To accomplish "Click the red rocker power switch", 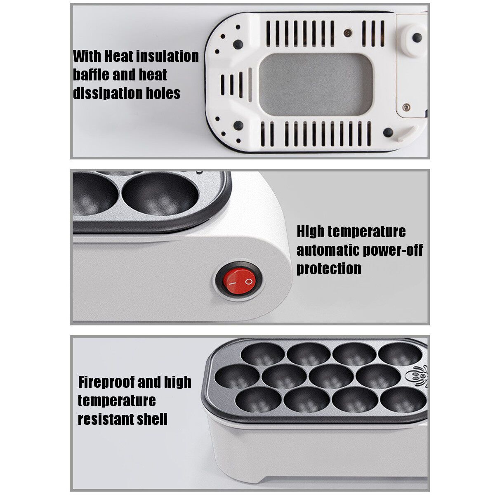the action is (239, 281).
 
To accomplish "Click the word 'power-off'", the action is (393, 250).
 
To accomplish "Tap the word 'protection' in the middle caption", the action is (329, 269).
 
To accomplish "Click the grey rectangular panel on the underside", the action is (316, 85).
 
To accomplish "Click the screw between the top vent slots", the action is (348, 33).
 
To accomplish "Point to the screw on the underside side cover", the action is (406, 107).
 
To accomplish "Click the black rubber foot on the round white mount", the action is (417, 38).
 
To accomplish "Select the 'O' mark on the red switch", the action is (248, 282).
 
